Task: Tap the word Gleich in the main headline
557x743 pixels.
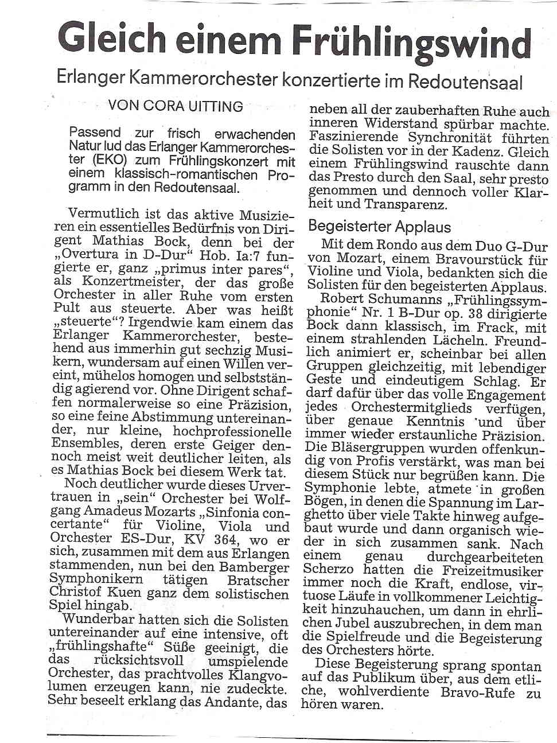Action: pyautogui.click(x=112, y=38)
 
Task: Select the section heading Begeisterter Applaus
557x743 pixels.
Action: pyautogui.click(x=380, y=226)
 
